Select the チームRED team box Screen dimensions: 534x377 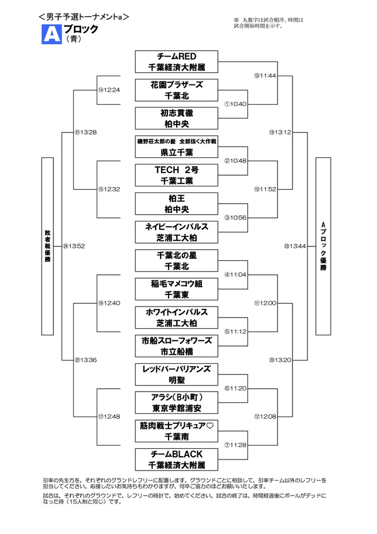[x=176, y=62]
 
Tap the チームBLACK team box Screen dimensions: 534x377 [x=176, y=459]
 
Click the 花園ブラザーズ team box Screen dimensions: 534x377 [x=176, y=90]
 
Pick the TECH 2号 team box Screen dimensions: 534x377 [x=176, y=175]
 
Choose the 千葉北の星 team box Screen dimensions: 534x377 [x=176, y=260]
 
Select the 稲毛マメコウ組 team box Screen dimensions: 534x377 [x=176, y=289]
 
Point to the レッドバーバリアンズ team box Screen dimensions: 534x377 [x=176, y=374]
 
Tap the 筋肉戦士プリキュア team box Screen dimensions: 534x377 [x=176, y=431]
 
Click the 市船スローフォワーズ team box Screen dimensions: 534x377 [x=176, y=345]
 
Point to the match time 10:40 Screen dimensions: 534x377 [x=235, y=104]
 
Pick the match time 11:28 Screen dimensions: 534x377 [x=235, y=444]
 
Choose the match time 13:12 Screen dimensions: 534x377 [x=280, y=132]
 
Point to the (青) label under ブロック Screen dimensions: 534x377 [x=72, y=39]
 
